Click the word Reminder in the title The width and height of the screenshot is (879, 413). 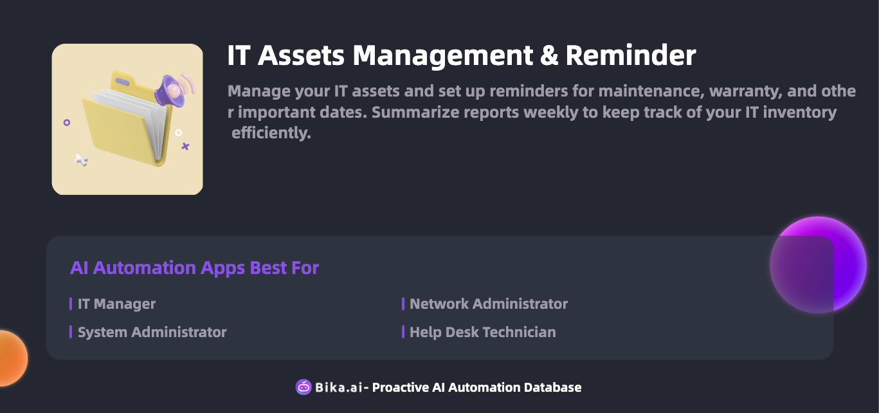click(x=631, y=55)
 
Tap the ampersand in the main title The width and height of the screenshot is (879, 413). click(x=549, y=55)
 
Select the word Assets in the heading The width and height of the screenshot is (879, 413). click(x=301, y=55)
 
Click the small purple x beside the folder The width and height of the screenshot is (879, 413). click(x=185, y=147)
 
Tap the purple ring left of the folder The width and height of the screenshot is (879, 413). click(x=67, y=122)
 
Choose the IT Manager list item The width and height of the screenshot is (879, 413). click(x=116, y=304)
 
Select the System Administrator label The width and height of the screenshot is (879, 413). click(x=152, y=332)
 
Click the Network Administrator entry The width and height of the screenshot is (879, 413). click(x=489, y=304)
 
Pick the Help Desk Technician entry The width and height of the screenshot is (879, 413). click(x=483, y=332)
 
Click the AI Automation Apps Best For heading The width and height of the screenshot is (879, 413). click(x=195, y=268)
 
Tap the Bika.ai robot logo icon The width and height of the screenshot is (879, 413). click(x=304, y=387)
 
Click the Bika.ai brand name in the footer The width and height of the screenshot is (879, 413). click(x=339, y=387)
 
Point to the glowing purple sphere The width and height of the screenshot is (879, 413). click(x=818, y=265)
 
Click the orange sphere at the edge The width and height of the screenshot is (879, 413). click(x=14, y=358)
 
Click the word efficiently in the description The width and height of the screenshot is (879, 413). click(x=271, y=133)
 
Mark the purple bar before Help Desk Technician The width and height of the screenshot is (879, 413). click(x=403, y=332)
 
